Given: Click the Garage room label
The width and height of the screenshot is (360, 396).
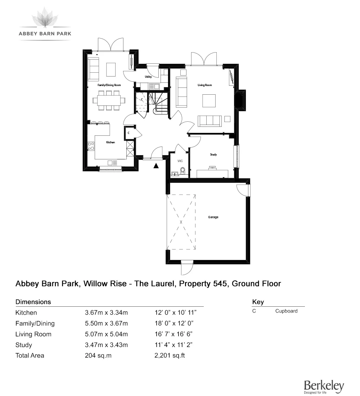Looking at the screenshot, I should [x=213, y=217].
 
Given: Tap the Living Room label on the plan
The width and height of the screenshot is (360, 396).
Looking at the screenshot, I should [x=204, y=85].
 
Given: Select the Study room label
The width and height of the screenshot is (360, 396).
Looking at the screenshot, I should [x=213, y=154].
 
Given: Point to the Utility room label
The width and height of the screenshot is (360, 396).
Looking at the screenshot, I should [x=148, y=77].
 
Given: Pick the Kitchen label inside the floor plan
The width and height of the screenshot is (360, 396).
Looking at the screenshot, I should [x=110, y=143].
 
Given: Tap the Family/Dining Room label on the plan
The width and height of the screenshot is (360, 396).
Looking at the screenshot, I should [x=109, y=85].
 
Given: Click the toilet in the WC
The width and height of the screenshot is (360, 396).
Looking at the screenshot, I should [x=182, y=170].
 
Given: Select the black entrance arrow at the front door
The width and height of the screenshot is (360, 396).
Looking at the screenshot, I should [x=156, y=166].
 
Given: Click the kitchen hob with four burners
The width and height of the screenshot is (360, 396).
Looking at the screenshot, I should [x=91, y=146].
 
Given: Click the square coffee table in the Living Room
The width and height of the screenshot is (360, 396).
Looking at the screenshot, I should [x=209, y=100].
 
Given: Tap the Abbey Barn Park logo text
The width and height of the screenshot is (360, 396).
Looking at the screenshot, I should [x=45, y=33].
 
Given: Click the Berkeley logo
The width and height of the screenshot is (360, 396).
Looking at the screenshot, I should [x=324, y=387].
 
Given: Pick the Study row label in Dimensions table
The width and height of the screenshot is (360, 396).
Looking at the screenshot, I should [x=24, y=345].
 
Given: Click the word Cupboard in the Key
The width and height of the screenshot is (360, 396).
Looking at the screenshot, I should [x=286, y=311].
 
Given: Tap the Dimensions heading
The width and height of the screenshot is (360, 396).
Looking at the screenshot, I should [x=33, y=302].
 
